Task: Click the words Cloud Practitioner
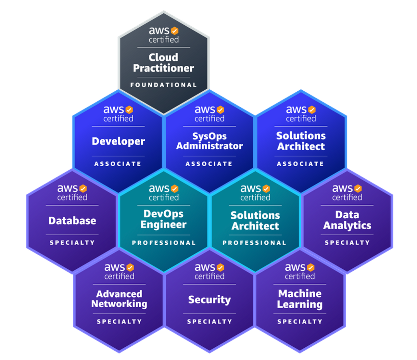[x=163, y=62]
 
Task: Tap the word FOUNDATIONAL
[x=163, y=85]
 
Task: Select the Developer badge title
[x=118, y=141]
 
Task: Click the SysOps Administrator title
[x=209, y=141]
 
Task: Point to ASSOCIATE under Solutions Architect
[x=300, y=164]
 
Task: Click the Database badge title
[x=72, y=221]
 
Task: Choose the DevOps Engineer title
[x=163, y=219]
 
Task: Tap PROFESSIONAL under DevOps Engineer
[x=164, y=243]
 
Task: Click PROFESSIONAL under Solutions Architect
[x=255, y=243]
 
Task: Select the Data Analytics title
[x=347, y=220]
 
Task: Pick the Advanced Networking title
[x=119, y=299]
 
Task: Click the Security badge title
[x=209, y=299]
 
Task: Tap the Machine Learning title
[x=300, y=299]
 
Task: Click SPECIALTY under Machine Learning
[x=300, y=321]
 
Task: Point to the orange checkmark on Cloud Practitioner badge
[x=175, y=31]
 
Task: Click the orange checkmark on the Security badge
[x=221, y=267]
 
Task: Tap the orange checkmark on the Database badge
[x=83, y=188]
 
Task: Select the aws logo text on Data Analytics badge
[x=342, y=188]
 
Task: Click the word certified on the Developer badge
[x=118, y=119]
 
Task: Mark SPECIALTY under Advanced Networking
[x=119, y=321]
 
